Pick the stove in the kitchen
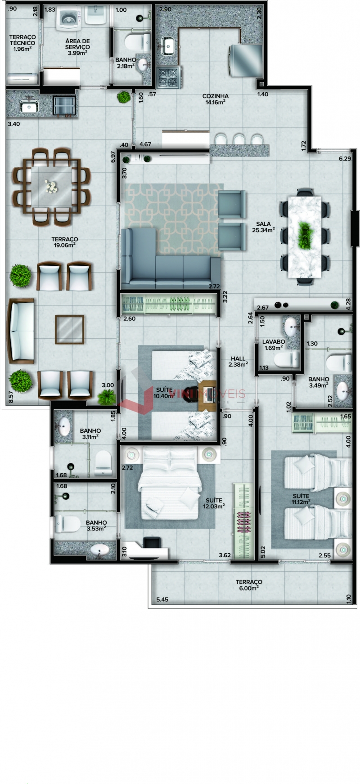[x=169, y=77]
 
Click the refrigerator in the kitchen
[x=246, y=60]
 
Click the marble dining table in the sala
[x=305, y=236]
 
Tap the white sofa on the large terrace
[x=20, y=330]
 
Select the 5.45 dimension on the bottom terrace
[x=162, y=599]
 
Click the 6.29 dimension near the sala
[x=345, y=158]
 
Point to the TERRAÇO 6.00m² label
[x=249, y=585]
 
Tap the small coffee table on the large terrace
[x=69, y=330]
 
